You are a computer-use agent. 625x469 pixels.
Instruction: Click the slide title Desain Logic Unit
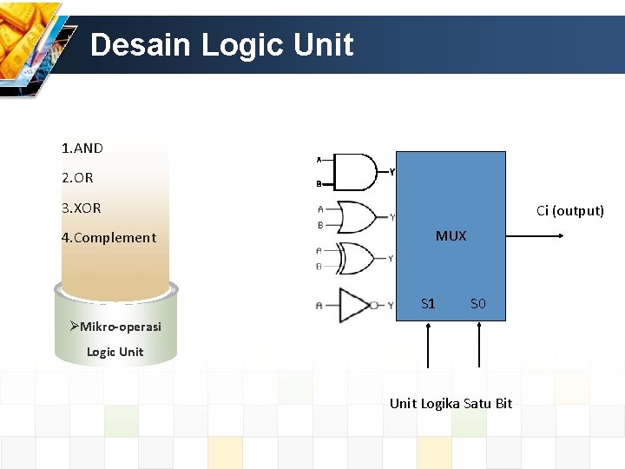[x=221, y=44]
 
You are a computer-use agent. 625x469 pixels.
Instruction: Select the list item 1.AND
[x=82, y=149]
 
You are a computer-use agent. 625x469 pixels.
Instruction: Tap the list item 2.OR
[x=77, y=178]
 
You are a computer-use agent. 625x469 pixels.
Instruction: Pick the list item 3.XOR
[x=82, y=208]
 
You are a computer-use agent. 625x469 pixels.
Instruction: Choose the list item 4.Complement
[x=109, y=238]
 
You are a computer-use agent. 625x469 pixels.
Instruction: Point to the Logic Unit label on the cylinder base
[x=115, y=352]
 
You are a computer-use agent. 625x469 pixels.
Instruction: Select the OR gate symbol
[x=355, y=217]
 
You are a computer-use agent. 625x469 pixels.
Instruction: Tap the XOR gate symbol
[x=355, y=258]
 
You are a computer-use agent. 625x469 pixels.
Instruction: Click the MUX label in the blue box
[x=451, y=236]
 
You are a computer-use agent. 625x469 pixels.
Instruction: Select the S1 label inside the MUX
[x=428, y=304]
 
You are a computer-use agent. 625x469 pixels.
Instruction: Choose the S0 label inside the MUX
[x=477, y=304]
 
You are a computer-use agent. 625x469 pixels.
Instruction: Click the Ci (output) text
[x=569, y=211]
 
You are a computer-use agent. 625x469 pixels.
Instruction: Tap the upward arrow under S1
[x=428, y=346]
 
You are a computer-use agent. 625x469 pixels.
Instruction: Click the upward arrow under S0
[x=478, y=346]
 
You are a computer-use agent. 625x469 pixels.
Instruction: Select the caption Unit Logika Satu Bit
[x=451, y=404]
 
